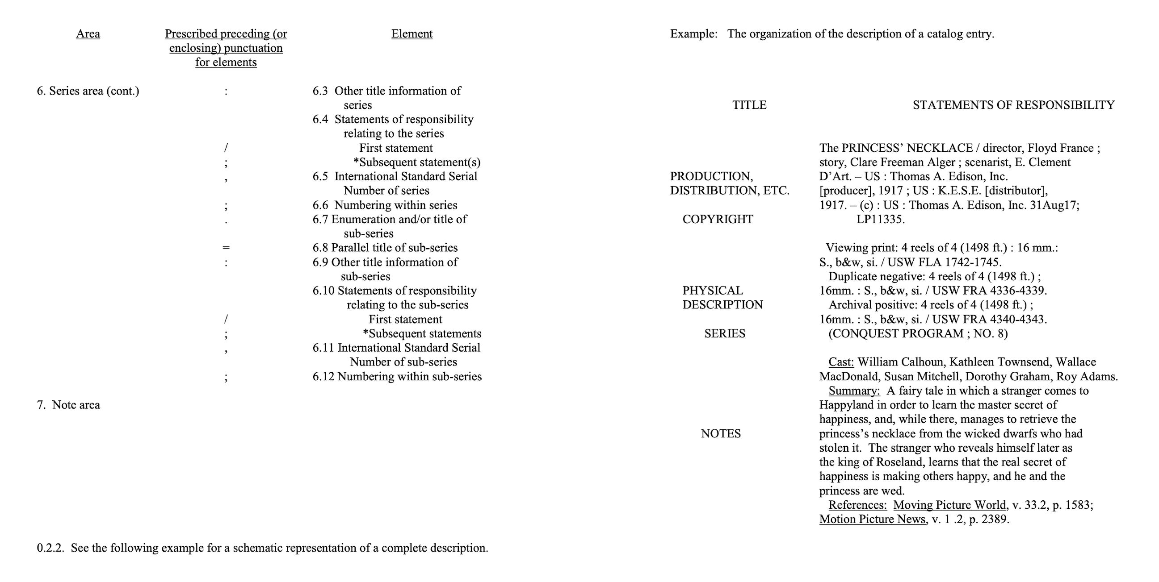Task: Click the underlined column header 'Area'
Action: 88,34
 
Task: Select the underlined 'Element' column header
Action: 412,34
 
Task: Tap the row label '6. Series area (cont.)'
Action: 88,91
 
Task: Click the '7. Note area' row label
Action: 68,405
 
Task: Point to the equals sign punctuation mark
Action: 226,248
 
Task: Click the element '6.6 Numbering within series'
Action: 385,205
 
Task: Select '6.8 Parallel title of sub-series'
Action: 385,248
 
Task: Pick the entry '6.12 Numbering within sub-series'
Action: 397,377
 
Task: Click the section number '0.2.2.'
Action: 50,548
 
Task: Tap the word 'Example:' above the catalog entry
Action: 693,34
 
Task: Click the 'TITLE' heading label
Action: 749,105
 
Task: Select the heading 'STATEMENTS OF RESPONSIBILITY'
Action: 1013,105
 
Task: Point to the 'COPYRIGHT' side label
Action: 718,219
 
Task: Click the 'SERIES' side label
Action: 724,333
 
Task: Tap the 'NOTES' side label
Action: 720,434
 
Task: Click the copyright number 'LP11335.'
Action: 880,219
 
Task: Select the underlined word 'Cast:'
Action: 841,362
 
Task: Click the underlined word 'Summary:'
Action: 854,391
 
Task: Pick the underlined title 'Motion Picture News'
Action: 872,520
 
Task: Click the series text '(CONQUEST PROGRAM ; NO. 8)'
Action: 918,333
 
